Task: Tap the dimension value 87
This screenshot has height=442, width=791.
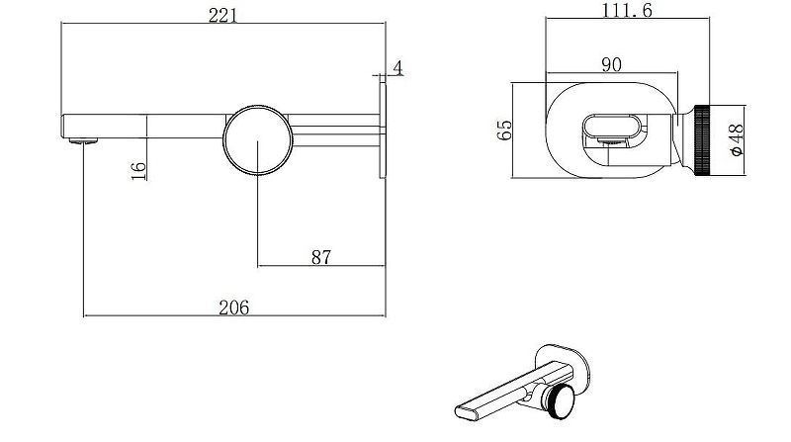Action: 320,257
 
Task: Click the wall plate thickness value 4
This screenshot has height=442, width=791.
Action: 397,67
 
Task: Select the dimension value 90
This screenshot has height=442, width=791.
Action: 611,64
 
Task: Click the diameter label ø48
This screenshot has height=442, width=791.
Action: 736,140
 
